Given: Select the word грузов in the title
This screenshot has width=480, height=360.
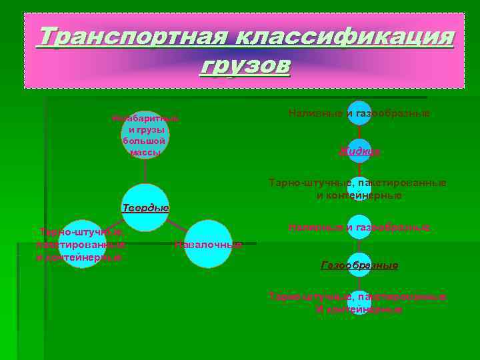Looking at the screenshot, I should (x=245, y=66).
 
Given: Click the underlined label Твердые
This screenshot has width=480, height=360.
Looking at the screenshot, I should (x=145, y=208).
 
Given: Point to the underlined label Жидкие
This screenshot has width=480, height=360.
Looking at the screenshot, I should (x=359, y=151).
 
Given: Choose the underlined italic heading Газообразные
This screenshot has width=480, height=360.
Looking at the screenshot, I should (x=359, y=265).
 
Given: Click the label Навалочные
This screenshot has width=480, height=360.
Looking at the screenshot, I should (x=208, y=245).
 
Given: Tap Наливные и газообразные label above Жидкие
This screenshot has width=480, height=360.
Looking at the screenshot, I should (x=359, y=113).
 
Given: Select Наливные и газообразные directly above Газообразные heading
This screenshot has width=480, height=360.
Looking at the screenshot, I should (x=359, y=228).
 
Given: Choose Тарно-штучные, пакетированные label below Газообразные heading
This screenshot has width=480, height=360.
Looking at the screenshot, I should (x=358, y=296).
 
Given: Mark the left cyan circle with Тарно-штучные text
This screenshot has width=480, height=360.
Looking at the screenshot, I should (x=81, y=245).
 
